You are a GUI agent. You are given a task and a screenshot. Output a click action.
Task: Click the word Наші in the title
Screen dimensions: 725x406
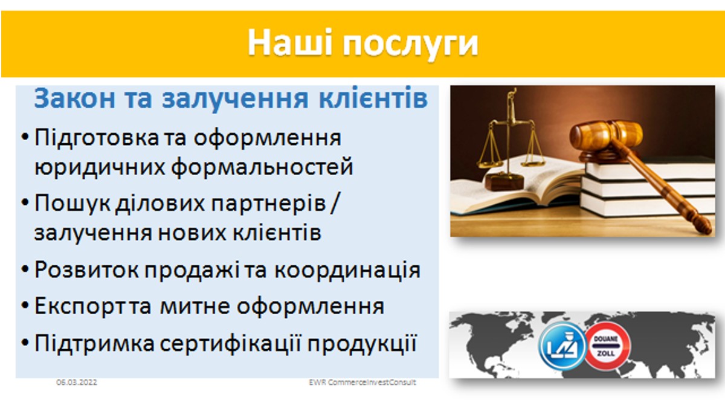(290, 42)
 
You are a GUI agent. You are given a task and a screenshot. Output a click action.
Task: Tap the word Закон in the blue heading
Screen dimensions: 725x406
(74, 98)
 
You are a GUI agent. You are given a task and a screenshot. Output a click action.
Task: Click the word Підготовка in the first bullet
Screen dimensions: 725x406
(97, 138)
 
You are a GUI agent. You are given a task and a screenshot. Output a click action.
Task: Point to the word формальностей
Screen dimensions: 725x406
(262, 167)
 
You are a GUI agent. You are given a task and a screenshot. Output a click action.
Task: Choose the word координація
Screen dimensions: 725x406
(347, 270)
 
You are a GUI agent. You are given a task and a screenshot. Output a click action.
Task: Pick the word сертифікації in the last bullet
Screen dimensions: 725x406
(231, 343)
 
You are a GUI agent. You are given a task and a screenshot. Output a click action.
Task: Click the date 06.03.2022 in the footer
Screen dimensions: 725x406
(77, 382)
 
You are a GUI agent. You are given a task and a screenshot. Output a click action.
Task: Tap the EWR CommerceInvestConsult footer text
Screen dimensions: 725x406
(362, 382)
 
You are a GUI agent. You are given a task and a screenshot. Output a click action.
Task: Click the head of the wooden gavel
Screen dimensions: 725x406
(606, 136)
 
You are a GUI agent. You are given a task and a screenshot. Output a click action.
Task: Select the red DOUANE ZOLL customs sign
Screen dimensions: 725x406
(606, 346)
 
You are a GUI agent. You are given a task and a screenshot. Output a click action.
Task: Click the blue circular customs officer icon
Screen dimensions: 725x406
(562, 346)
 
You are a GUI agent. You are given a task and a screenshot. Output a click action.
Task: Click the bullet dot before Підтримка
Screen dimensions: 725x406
(25, 343)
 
